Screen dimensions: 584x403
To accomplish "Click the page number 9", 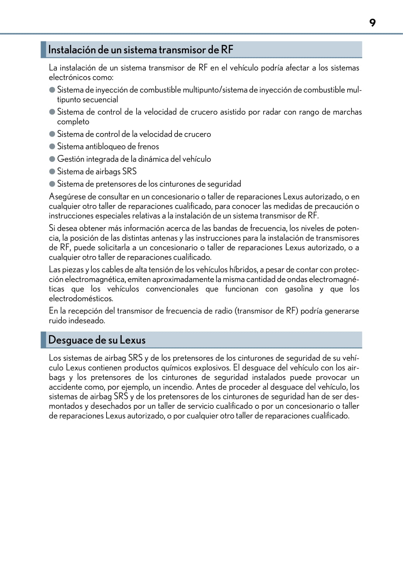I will [372, 23].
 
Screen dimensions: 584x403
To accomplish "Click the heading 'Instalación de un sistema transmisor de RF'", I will [140, 50].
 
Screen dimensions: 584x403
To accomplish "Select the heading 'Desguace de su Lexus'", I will [97, 340].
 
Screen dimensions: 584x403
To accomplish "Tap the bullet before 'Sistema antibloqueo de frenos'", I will [52, 146].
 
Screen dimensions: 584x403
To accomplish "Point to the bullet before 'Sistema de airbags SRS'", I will [52, 171].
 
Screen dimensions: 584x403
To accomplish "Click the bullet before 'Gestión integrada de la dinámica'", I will [52, 159].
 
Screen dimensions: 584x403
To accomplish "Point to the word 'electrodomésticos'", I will [81, 298].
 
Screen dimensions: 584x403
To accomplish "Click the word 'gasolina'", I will [299, 289].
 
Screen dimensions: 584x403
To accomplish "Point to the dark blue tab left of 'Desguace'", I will [43, 340].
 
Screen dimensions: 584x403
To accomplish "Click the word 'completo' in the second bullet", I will [73, 122].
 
